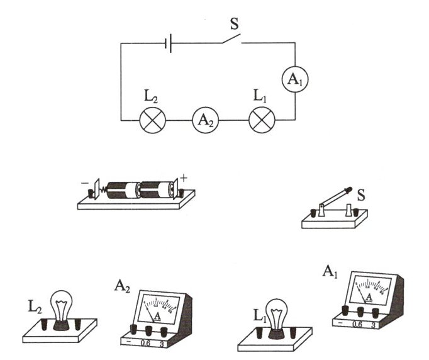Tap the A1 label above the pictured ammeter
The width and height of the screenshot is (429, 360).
330,272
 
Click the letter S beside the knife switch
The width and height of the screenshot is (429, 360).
362,193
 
